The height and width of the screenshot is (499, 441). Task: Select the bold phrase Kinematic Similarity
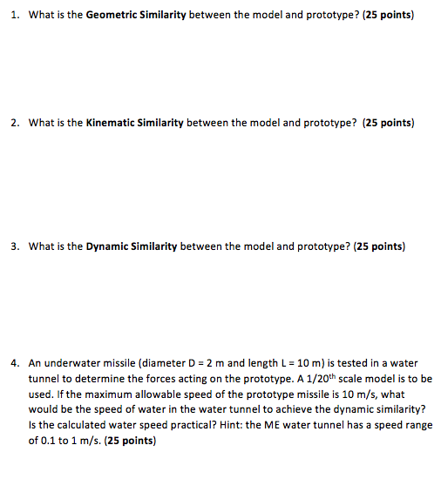(134, 123)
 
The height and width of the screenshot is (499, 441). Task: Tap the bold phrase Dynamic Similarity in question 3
(132, 246)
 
